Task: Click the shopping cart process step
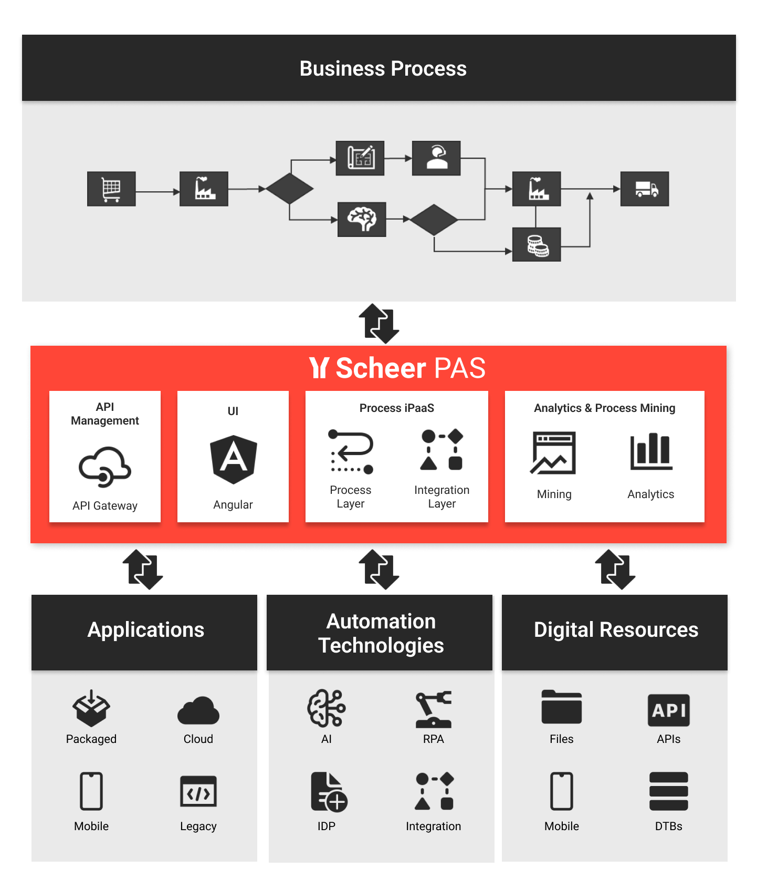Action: [111, 189]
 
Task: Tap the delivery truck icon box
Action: [645, 189]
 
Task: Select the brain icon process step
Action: [362, 219]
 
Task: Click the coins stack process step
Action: [537, 244]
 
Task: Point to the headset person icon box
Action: [436, 158]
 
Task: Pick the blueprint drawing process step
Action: [360, 158]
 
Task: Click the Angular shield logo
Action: [234, 459]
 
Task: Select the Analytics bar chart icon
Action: [651, 451]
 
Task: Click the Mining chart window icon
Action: [554, 453]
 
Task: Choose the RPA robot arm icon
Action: [434, 709]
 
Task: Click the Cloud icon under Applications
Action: [198, 710]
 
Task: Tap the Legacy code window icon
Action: [198, 792]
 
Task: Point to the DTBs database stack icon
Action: [669, 791]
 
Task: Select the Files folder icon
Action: [562, 707]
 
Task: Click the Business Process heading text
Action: [383, 69]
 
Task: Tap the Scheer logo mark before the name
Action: [319, 368]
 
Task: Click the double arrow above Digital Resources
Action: [615, 570]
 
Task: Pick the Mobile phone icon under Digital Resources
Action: [562, 791]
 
